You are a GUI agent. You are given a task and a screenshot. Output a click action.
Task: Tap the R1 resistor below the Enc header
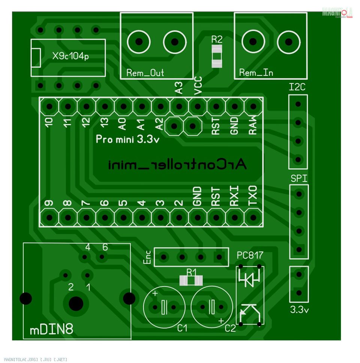[191, 280]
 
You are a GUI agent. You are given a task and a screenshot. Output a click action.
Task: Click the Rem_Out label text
[145, 73]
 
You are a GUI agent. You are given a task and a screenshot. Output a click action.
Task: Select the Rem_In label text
[256, 73]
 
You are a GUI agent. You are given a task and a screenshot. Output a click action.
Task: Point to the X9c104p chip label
[71, 57]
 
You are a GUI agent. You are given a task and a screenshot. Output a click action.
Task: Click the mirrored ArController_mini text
[178, 164]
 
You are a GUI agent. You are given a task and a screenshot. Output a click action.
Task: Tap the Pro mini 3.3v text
[128, 140]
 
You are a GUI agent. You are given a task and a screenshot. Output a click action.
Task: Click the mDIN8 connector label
[51, 330]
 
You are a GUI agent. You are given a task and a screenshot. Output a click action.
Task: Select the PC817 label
[250, 255]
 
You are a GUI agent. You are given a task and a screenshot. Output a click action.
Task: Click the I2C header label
[297, 88]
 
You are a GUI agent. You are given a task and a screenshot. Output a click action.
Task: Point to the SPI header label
[299, 179]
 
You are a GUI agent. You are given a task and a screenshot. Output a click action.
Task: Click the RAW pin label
[253, 124]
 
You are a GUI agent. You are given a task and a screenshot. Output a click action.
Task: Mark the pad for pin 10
[49, 106]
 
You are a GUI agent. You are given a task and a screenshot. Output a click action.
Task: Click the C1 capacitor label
[182, 329]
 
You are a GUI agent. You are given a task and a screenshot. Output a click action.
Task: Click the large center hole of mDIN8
[76, 303]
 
